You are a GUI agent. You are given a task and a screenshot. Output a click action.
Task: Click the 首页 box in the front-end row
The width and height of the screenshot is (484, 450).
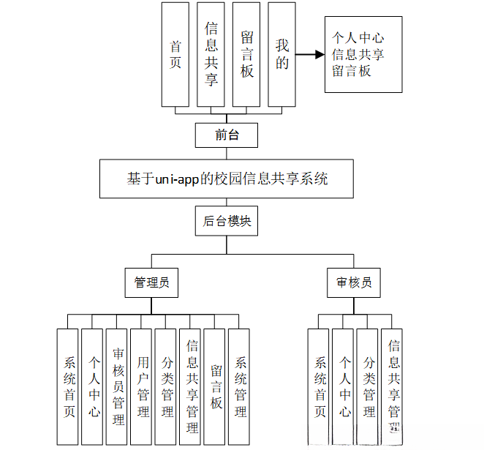tap(175, 54)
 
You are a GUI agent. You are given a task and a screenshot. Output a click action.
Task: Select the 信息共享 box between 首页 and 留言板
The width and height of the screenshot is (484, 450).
tap(211, 54)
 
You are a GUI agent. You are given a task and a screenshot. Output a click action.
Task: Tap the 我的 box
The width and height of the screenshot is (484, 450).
tap(282, 54)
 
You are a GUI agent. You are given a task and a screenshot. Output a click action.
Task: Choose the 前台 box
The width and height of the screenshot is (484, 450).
tap(227, 135)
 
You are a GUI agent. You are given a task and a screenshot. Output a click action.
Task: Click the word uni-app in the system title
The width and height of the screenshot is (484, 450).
tap(178, 179)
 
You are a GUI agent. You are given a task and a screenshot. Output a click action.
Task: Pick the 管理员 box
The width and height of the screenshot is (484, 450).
tap(152, 282)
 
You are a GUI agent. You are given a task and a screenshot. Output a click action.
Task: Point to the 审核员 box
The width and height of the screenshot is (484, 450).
tap(354, 282)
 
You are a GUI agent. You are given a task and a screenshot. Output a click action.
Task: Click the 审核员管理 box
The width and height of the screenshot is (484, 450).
tap(118, 386)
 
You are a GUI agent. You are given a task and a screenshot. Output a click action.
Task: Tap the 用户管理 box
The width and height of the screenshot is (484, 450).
tap(142, 386)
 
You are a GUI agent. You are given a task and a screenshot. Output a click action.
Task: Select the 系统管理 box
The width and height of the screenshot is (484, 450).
tap(240, 386)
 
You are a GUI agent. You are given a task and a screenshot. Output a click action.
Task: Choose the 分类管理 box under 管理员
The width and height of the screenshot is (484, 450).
tap(167, 386)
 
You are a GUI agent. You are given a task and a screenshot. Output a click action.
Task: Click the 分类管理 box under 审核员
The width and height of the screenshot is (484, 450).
tap(368, 386)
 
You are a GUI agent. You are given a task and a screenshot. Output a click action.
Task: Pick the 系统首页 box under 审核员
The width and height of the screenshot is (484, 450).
tap(319, 386)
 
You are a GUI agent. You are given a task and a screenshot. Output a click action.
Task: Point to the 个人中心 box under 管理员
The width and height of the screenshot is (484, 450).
tap(93, 386)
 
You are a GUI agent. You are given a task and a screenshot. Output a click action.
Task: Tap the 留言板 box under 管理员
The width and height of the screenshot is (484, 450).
tap(216, 386)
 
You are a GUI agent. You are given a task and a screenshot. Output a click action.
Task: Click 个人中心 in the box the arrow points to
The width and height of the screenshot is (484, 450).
tap(358, 38)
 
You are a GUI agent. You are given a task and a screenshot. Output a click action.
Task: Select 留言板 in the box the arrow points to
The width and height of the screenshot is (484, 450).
tap(352, 71)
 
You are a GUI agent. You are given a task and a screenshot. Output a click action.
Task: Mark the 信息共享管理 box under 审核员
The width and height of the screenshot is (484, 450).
tap(393, 386)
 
